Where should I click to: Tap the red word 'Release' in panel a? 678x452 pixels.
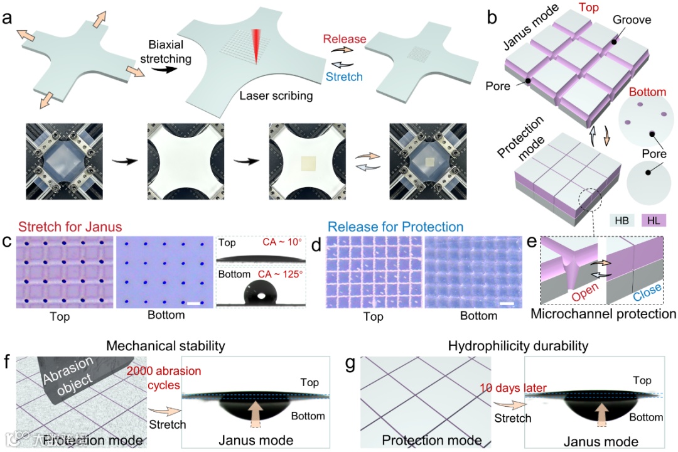pyautogui.click(x=345, y=40)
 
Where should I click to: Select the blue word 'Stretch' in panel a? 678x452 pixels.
pyautogui.click(x=345, y=77)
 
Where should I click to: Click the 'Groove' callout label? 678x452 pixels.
pyautogui.click(x=632, y=20)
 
